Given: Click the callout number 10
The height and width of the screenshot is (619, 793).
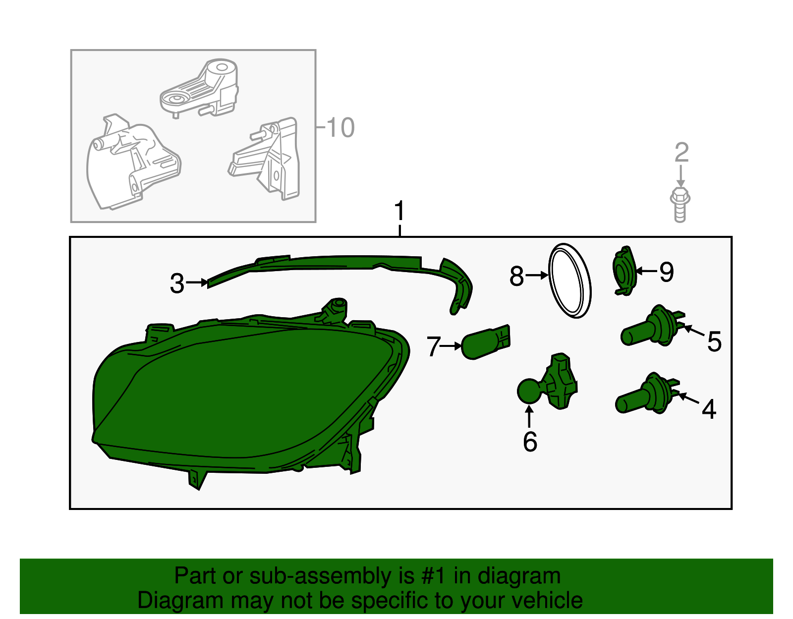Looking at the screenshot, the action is [340, 128].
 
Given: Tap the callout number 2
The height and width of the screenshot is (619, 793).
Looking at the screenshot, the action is [681, 153].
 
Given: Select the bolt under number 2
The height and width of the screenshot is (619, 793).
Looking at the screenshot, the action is [680, 204].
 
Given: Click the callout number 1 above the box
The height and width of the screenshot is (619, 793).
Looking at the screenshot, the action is [399, 211].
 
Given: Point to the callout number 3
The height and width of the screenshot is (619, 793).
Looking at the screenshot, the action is [177, 283].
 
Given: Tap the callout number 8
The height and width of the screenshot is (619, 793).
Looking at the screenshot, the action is [517, 276].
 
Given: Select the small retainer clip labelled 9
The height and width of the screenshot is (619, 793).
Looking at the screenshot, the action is [624, 271].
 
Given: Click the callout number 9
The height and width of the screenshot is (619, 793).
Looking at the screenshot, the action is [667, 272].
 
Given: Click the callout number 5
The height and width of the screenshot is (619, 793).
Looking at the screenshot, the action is [714, 342].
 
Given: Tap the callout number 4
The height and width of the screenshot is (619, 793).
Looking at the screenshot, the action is [709, 409].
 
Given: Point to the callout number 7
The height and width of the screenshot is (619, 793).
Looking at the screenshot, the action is [433, 346].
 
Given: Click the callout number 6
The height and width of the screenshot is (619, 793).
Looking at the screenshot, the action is [530, 442].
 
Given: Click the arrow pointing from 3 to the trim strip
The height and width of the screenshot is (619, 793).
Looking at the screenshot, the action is [197, 282].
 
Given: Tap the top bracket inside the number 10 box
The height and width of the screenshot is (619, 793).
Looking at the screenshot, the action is [199, 89].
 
